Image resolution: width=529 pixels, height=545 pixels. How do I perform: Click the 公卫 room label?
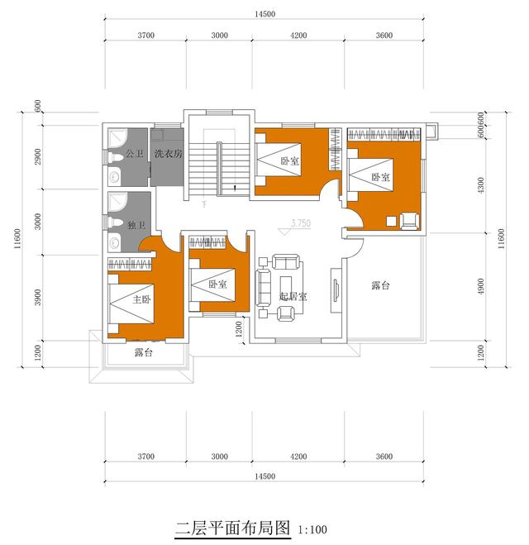coord(134,155)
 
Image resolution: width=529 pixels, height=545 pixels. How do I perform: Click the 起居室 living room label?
coord(293,295)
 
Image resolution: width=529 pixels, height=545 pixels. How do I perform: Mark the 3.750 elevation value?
coord(301,223)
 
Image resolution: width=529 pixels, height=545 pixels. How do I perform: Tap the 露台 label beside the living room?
coord(380,285)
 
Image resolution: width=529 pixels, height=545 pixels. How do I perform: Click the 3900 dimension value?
coord(38,294)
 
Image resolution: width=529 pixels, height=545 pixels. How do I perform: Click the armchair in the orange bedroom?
coord(408,220)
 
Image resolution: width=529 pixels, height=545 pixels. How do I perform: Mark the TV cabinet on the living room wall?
coord(336,290)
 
